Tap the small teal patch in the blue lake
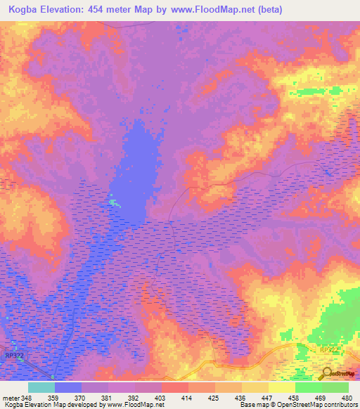[x=114, y=203]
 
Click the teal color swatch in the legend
[x=41, y=387]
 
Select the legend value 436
[x=241, y=397]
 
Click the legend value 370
[x=80, y=397]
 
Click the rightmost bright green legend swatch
[x=335, y=387]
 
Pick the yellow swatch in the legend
[x=281, y=387]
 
